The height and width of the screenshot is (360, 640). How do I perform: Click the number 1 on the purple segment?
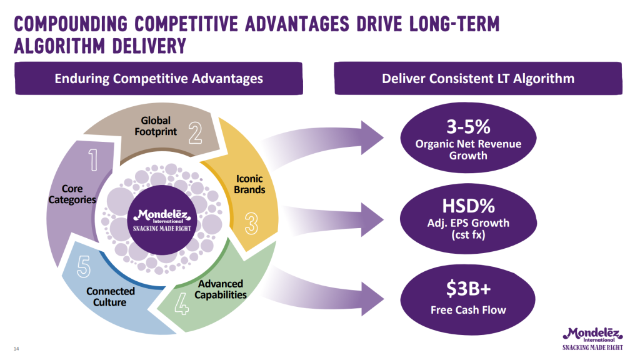pyautogui.click(x=93, y=160)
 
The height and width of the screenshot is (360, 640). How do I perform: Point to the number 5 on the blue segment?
pyautogui.click(x=84, y=269)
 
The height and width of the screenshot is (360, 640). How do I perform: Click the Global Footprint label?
pyautogui.click(x=156, y=126)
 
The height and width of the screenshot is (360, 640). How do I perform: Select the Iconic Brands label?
pyautogui.click(x=249, y=184)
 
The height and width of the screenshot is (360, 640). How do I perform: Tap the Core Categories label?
pyautogui.click(x=72, y=194)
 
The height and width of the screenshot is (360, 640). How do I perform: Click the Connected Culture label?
pyautogui.click(x=111, y=296)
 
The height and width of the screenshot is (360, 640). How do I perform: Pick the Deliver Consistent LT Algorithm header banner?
pyautogui.click(x=478, y=79)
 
